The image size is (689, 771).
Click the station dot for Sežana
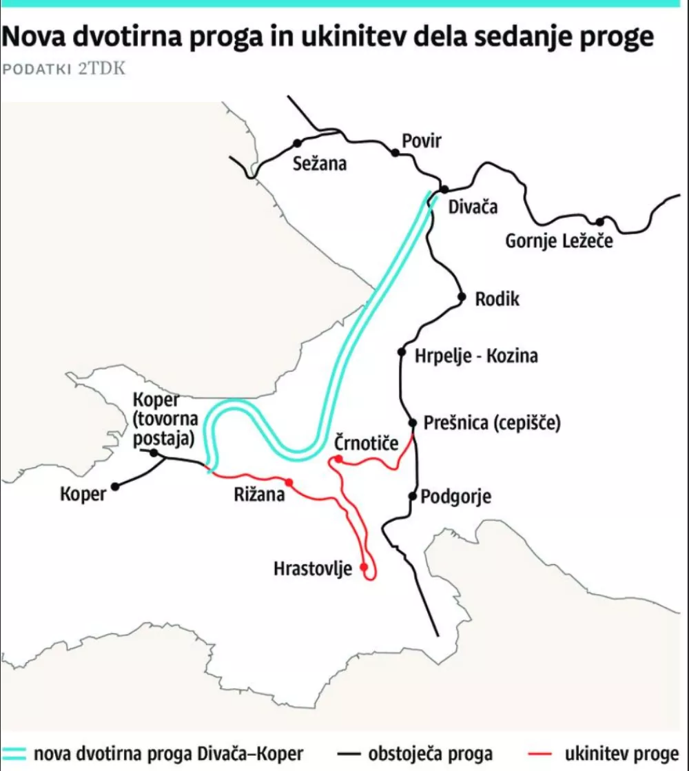pos(298,143)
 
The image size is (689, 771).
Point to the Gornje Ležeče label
pos(559,242)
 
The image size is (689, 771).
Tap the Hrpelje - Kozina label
pos(476,356)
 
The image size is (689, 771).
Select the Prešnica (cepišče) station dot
pos(413,422)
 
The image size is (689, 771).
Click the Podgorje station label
pos(455,496)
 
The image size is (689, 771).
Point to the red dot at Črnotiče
pos(338,460)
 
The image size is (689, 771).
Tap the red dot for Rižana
pos(289,482)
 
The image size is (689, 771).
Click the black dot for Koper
pos(115,486)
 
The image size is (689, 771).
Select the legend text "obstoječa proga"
pos(431,753)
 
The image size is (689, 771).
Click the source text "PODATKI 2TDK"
pos(63,70)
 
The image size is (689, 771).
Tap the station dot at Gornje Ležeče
pos(600,222)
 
